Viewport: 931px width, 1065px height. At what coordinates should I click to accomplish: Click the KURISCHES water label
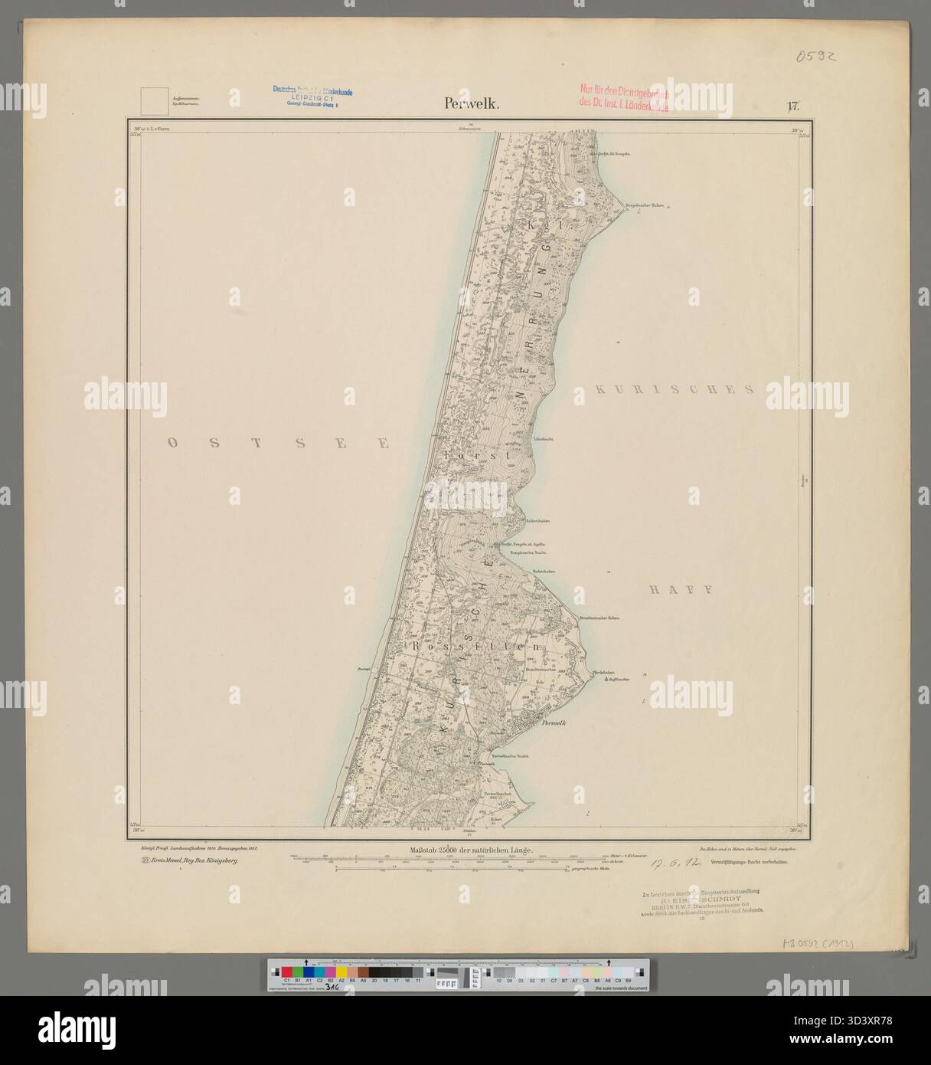(674, 389)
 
